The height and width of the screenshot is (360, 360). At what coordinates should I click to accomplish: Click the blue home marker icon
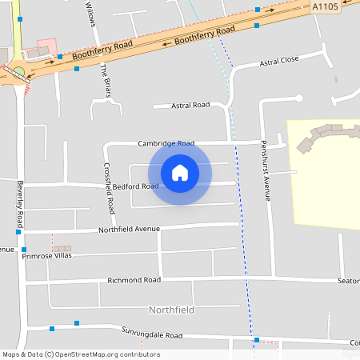[180, 173]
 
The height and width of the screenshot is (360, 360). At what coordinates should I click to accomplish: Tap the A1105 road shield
[325, 6]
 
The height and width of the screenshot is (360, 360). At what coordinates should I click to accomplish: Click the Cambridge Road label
[166, 144]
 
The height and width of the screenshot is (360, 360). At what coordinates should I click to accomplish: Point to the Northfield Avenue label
[130, 230]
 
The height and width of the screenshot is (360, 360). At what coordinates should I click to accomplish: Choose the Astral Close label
[278, 60]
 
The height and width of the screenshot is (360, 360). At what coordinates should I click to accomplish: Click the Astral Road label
[191, 105]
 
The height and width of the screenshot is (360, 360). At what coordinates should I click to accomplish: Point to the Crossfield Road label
[110, 189]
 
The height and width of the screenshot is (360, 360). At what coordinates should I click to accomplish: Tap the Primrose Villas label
[47, 256]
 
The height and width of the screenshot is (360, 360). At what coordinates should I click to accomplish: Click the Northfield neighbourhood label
[172, 309]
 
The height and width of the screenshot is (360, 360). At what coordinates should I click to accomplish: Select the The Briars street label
[104, 80]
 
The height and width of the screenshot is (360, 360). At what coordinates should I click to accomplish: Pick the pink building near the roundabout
[47, 46]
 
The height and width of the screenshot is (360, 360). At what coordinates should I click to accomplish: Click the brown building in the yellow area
[320, 136]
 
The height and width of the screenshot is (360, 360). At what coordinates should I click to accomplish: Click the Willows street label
[90, 13]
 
